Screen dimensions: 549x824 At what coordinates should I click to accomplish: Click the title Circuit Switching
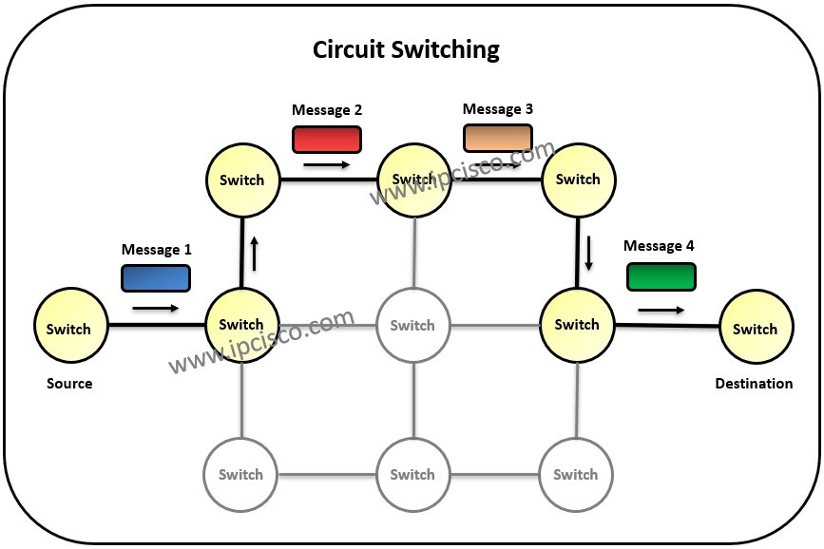[x=406, y=49]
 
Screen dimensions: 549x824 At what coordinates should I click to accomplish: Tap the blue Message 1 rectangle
[x=155, y=277]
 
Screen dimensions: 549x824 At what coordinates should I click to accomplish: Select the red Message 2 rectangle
[x=326, y=140]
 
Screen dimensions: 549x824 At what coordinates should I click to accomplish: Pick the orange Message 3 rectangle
[x=497, y=139]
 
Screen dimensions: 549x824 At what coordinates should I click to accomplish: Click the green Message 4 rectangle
[x=661, y=276]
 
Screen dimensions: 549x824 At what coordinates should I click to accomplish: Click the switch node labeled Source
[x=68, y=329]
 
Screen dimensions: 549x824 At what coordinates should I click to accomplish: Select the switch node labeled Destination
[x=756, y=329]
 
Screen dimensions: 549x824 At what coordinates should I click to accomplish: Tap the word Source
[x=69, y=384]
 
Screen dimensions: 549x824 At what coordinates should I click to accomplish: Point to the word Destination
[x=754, y=384]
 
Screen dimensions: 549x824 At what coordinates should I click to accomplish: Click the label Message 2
[x=326, y=110]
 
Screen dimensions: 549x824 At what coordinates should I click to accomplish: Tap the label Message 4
[x=659, y=246]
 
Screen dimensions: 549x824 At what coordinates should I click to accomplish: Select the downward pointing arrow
[x=589, y=253]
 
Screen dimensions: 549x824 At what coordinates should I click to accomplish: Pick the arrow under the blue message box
[x=155, y=308]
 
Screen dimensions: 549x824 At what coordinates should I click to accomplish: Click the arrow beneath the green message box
[x=661, y=310]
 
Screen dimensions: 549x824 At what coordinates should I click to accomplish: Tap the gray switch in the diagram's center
[x=412, y=325]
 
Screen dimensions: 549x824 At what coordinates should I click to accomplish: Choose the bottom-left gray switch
[x=240, y=474]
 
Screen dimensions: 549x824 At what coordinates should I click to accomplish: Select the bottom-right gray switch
[x=575, y=474]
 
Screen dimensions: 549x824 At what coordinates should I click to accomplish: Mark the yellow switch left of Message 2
[x=241, y=180]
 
